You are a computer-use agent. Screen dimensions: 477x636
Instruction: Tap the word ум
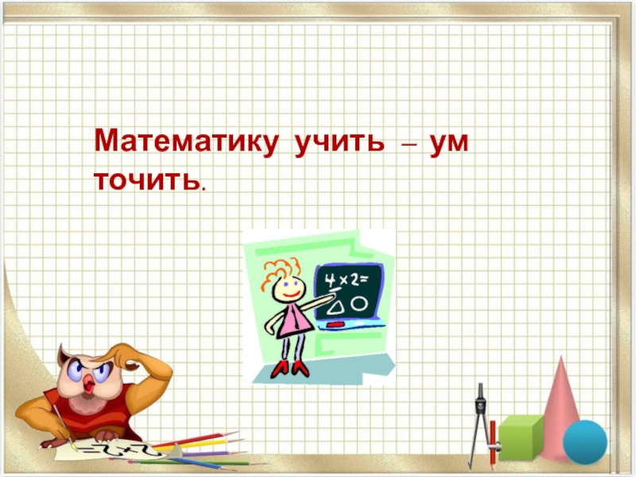point(448,145)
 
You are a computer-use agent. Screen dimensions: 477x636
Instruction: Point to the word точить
point(145,180)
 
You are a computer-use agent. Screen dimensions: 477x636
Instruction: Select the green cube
point(520,436)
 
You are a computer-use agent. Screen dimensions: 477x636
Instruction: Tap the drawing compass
point(480,421)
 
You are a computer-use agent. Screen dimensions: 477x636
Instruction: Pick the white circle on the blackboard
point(360,303)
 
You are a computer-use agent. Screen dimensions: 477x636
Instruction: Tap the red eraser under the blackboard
point(335,324)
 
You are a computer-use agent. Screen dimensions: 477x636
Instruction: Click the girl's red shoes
point(289,368)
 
